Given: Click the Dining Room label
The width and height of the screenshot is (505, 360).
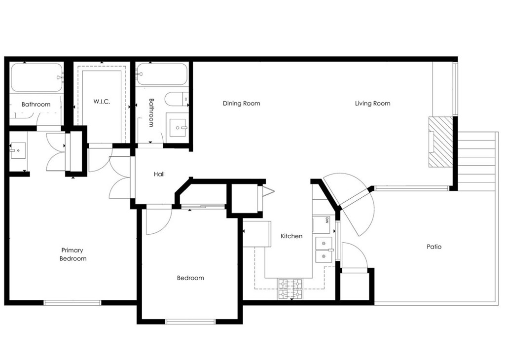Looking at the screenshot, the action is pyautogui.click(x=241, y=104).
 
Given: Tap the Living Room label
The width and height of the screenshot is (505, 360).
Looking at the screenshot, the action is pyautogui.click(x=373, y=104).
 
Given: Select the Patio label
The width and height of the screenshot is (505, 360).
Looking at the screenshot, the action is pyautogui.click(x=434, y=247).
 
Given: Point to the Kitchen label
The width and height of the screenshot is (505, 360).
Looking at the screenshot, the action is pyautogui.click(x=291, y=236).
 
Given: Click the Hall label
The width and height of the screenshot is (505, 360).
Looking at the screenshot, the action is pyautogui.click(x=159, y=174).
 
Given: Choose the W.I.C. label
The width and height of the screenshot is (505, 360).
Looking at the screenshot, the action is pyautogui.click(x=102, y=102).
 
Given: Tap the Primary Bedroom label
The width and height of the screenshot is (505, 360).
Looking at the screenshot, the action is pyautogui.click(x=73, y=254).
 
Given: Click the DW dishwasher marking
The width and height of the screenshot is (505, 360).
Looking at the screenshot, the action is pyautogui.click(x=327, y=220).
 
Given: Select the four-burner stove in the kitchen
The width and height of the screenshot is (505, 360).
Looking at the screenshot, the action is pyautogui.click(x=290, y=289).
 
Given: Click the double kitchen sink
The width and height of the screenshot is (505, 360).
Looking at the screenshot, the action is pyautogui.click(x=324, y=250).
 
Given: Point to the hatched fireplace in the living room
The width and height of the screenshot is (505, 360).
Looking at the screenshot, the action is pyautogui.click(x=441, y=142).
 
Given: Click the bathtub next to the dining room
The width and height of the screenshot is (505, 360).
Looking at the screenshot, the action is pyautogui.click(x=162, y=74).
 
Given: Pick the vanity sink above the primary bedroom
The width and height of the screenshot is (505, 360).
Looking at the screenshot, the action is pyautogui.click(x=18, y=150).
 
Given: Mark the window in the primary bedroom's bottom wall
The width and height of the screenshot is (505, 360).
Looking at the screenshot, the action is pyautogui.click(x=72, y=303).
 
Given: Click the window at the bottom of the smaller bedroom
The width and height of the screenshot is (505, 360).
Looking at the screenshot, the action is pyautogui.click(x=190, y=322).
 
